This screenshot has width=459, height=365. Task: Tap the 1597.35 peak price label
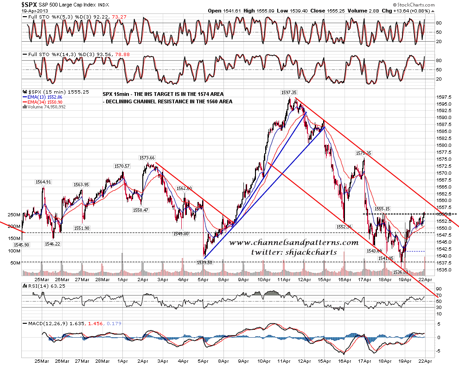(x=288, y=93)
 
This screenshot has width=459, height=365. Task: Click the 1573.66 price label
(x=147, y=158)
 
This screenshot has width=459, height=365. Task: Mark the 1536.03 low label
(x=401, y=272)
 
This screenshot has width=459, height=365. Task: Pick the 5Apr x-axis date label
(x=204, y=279)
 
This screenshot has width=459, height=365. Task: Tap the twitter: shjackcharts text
(x=294, y=252)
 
